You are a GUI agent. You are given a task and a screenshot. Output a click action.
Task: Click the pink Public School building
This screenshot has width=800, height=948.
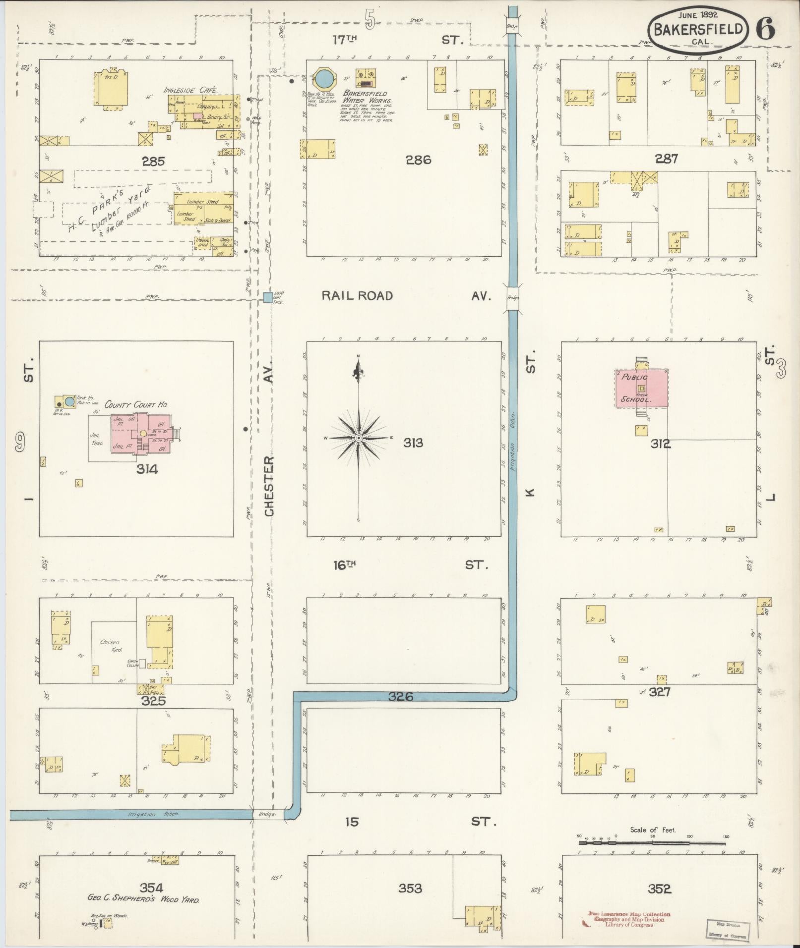[642, 388]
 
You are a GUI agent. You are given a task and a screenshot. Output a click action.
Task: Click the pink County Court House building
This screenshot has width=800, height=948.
[144, 433]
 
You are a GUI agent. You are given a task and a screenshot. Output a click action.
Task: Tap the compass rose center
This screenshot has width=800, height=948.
[358, 438]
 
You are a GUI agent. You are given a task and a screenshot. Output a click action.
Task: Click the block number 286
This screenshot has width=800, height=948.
[418, 160]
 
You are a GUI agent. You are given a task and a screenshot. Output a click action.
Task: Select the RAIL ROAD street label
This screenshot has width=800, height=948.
[357, 296]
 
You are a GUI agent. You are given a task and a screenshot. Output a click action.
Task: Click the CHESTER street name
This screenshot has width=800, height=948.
[269, 487]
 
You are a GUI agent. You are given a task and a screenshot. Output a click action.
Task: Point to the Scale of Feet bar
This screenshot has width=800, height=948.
[653, 839]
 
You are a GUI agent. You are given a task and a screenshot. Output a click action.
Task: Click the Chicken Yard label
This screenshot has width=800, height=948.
[111, 645]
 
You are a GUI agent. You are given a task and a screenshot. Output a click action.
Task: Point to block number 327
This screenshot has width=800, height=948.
[660, 692]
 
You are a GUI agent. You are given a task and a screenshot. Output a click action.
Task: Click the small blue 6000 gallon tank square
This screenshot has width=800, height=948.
[268, 297]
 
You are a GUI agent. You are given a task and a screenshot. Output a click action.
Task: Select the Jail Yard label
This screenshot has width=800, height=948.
[96, 439]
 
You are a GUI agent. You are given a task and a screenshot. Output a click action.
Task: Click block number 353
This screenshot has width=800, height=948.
[410, 889]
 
